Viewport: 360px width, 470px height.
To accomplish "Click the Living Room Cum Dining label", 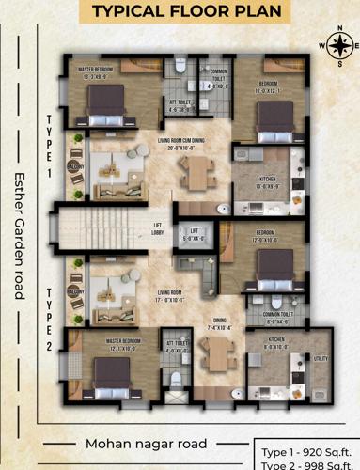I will pyautogui.click(x=181, y=143).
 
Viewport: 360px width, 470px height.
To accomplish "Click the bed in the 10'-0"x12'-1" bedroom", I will pyautogui.click(x=275, y=117).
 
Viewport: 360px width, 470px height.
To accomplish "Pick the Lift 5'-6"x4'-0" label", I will pyautogui.click(x=195, y=233).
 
